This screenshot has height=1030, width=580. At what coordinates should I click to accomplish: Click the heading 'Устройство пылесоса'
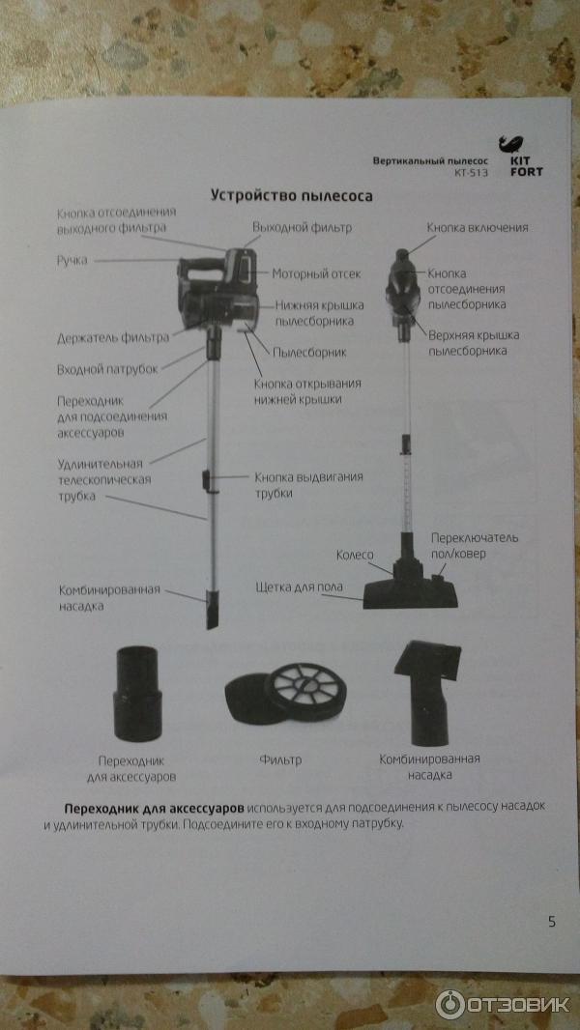pyautogui.click(x=291, y=196)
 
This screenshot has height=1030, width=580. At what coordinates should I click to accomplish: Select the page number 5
pyautogui.click(x=551, y=922)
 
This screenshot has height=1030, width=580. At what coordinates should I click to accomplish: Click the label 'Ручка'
pyautogui.click(x=72, y=261)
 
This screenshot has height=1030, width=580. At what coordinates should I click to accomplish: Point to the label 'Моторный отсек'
pyautogui.click(x=317, y=273)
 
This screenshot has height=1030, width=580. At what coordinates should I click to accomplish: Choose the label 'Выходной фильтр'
pyautogui.click(x=303, y=227)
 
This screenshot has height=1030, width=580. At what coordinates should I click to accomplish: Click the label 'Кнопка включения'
pyautogui.click(x=478, y=228)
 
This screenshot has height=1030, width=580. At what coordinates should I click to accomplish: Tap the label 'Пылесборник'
pyautogui.click(x=309, y=353)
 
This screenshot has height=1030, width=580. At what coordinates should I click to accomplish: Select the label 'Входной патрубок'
pyautogui.click(x=107, y=369)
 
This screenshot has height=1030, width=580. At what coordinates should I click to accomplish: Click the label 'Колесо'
pyautogui.click(x=355, y=555)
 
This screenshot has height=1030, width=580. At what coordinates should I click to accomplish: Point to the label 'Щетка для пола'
pyautogui.click(x=299, y=587)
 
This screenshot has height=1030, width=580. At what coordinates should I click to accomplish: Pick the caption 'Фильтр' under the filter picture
pyautogui.click(x=280, y=760)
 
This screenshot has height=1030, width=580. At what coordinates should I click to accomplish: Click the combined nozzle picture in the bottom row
pyautogui.click(x=427, y=693)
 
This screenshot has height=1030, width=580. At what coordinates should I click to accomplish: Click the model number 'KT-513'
pyautogui.click(x=472, y=173)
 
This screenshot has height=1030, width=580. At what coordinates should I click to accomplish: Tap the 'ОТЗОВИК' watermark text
pyautogui.click(x=517, y=1004)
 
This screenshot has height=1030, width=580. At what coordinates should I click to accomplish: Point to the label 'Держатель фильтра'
pyautogui.click(x=113, y=338)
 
